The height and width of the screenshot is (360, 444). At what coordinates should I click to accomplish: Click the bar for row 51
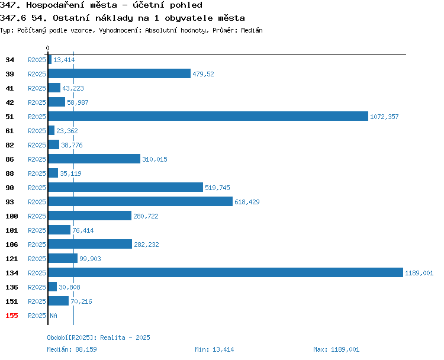[208, 116]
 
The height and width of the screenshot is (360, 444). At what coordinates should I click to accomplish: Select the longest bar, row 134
[226, 272]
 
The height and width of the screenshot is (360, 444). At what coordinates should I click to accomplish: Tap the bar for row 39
[120, 73]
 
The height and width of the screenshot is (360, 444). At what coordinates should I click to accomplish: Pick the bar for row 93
[140, 201]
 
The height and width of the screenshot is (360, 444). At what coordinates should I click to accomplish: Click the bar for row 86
[94, 159]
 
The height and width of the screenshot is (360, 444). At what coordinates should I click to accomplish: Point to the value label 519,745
[217, 188]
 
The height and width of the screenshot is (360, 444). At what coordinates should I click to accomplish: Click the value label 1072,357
[384, 117]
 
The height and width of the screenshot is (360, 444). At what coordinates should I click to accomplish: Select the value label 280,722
[146, 216]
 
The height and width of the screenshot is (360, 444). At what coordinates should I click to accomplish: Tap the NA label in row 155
[53, 316]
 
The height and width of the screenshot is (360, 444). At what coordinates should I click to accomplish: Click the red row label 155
[12, 316]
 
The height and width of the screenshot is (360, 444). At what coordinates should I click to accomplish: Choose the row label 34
[9, 60]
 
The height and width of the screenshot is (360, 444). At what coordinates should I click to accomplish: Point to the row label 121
[12, 259]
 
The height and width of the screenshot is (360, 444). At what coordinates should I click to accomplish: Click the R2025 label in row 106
[37, 245]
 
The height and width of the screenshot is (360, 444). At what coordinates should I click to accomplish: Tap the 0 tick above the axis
[47, 48]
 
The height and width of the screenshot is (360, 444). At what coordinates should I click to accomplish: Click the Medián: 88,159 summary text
[72, 349]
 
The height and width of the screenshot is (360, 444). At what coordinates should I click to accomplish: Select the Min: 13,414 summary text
[214, 349]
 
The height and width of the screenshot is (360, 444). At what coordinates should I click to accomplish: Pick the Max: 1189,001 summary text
[336, 349]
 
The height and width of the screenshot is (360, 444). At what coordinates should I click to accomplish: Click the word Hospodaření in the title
[72, 5]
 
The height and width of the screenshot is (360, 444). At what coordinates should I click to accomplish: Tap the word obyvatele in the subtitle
[189, 18]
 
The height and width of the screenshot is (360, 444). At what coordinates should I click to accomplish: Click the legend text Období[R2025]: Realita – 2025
[98, 337]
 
